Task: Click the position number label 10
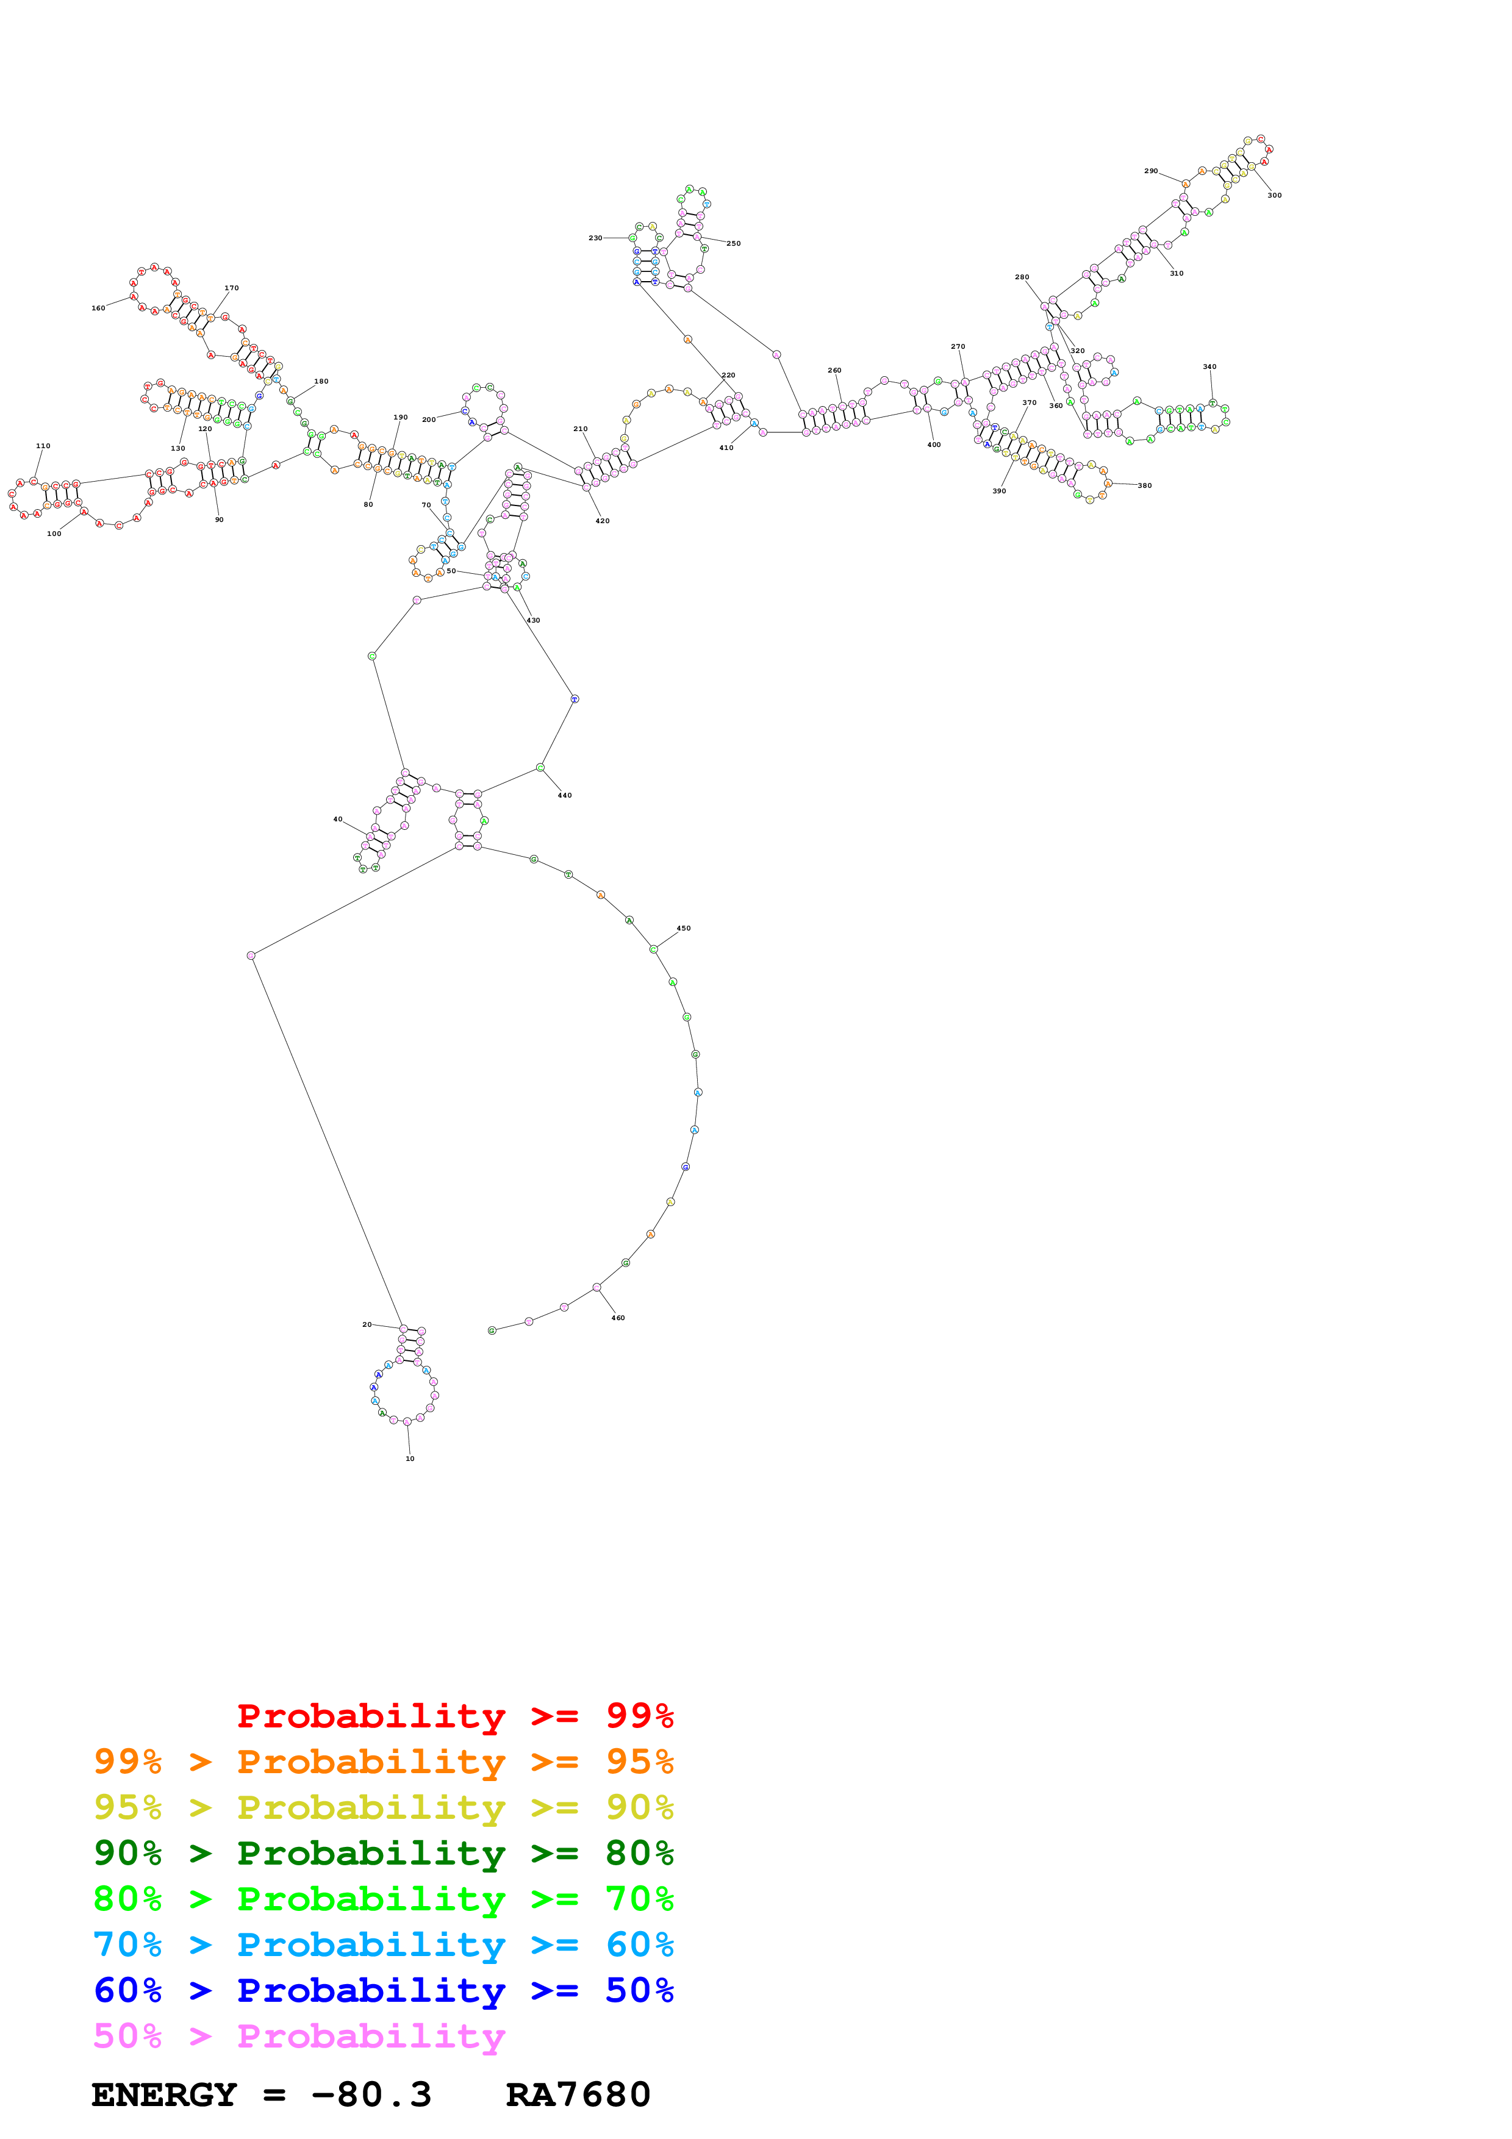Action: [x=409, y=1458]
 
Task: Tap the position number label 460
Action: [x=618, y=1317]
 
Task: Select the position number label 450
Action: [x=683, y=928]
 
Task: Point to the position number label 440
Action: [x=565, y=795]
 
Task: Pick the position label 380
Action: [x=1144, y=485]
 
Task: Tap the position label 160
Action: [x=98, y=307]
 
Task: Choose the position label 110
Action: [x=43, y=445]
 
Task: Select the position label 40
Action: [x=337, y=819]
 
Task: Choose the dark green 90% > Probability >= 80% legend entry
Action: [x=383, y=1853]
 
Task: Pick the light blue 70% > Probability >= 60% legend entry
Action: [x=383, y=1944]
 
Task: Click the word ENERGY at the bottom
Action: [x=164, y=2095]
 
